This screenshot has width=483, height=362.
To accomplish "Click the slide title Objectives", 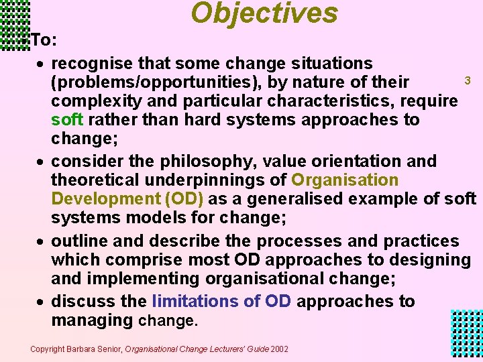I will (x=264, y=13).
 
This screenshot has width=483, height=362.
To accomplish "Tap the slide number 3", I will (x=468, y=80).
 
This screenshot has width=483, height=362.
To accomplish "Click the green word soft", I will (x=67, y=120).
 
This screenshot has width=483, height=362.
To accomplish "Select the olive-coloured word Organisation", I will (x=345, y=180).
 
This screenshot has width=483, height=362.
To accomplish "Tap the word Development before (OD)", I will (x=102, y=199).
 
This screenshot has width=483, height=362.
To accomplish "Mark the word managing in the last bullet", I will (x=92, y=320).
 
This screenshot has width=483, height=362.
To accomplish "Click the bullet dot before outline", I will (x=42, y=241).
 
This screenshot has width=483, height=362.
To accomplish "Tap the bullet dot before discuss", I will (x=42, y=302).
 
